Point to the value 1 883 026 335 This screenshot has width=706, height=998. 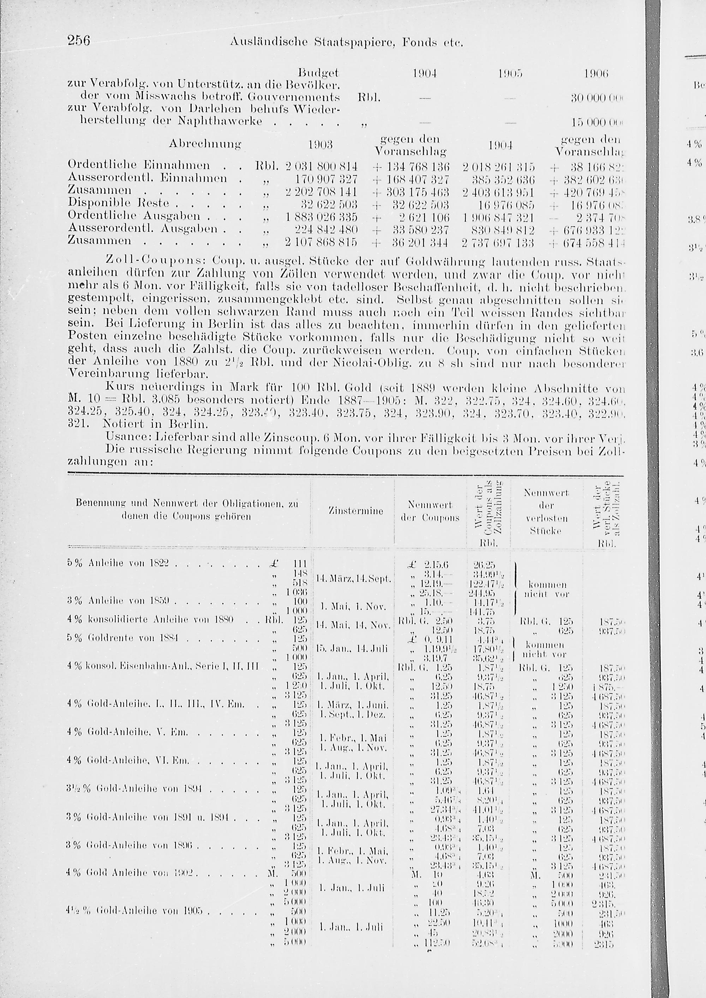coord(321,216)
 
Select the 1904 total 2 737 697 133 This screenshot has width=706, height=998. coord(498,242)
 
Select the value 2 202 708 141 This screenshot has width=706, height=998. coord(321,191)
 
